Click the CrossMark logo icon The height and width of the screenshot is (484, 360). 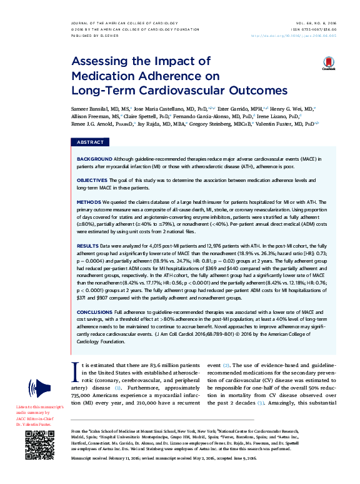click(329, 64)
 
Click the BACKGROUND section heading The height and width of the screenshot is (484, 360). click(95, 159)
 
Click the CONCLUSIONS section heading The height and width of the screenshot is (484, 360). click(96, 311)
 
